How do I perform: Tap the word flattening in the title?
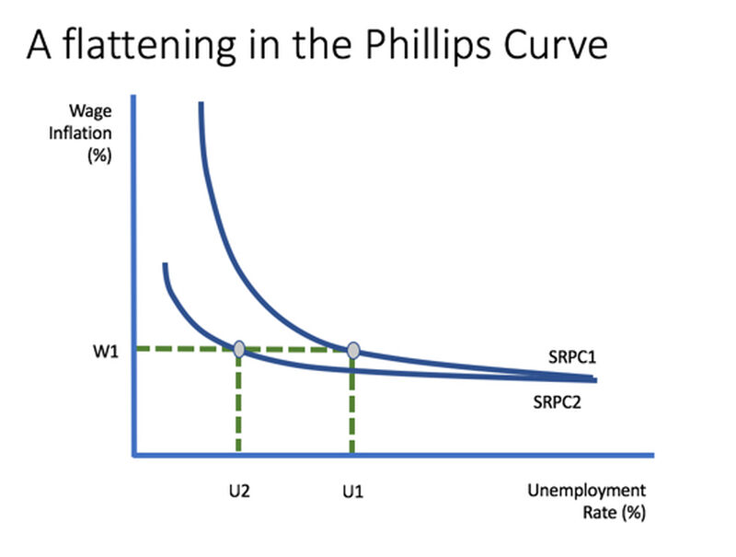coord(149,45)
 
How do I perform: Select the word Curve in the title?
coord(556,45)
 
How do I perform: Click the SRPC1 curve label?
coord(572,357)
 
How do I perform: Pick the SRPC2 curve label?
coord(558,402)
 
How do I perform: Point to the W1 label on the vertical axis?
coord(106,351)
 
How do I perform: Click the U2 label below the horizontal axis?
coord(239,492)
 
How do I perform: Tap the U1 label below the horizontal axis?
coord(353,492)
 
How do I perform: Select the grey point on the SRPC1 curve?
coord(353,351)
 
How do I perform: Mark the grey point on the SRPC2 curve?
coord(239,350)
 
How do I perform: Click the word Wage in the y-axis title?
coord(90,111)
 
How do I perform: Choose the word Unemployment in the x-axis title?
coord(587,491)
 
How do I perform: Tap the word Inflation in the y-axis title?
coord(80,133)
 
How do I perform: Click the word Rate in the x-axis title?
coord(600,512)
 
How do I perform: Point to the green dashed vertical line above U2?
coord(238,402)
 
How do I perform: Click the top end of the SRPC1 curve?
coord(201,102)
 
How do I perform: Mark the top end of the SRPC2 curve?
coord(166,264)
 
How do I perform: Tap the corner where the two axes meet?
coord(133,455)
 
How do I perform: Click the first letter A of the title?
coord(39,45)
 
